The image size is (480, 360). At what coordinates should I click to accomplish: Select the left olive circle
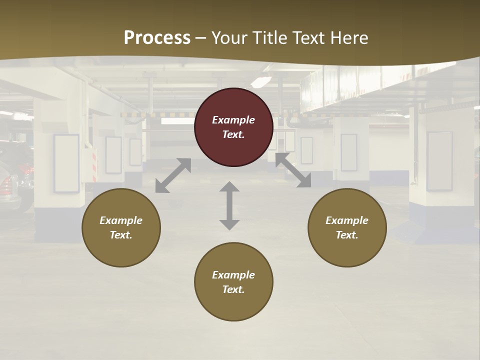(121, 227)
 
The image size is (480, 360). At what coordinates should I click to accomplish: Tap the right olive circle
(347, 227)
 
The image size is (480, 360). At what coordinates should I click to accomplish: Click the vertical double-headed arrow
(229, 205)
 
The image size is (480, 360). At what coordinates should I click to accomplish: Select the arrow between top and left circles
(173, 175)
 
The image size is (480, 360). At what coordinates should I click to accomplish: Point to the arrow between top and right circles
(293, 170)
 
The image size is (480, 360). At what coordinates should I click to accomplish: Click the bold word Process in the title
(157, 38)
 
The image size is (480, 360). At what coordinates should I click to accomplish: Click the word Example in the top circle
(233, 120)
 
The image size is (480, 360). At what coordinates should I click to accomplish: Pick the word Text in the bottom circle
(232, 289)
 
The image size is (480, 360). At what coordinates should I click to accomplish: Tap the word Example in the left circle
(121, 220)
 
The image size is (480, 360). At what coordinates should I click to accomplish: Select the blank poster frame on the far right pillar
(439, 161)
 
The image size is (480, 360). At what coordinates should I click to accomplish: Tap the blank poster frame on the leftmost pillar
(66, 163)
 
